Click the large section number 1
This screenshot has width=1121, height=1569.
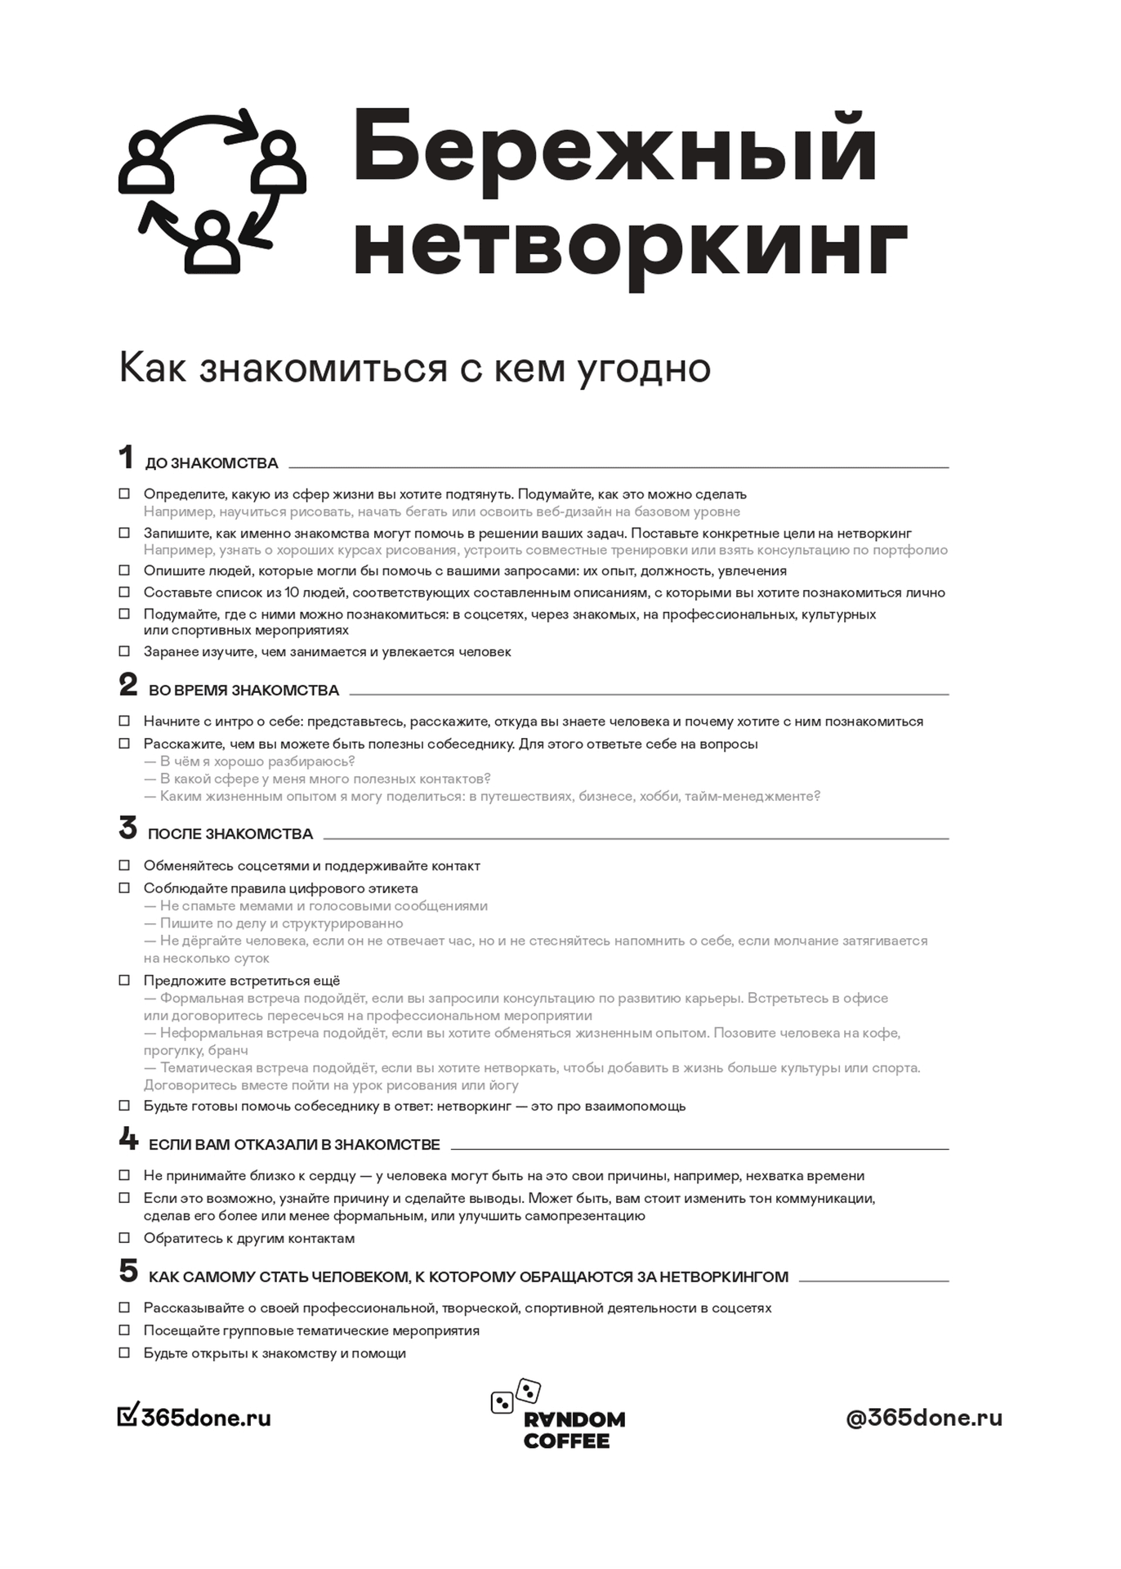click(126, 458)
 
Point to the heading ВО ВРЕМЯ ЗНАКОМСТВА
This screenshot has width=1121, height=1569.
click(243, 691)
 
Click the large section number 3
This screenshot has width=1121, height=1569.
click(127, 829)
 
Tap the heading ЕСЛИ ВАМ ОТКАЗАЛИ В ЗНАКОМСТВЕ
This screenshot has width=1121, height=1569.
click(294, 1145)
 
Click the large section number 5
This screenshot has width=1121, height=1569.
click(128, 1271)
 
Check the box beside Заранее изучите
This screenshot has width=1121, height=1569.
click(124, 651)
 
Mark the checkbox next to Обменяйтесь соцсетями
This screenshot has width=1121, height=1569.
click(124, 865)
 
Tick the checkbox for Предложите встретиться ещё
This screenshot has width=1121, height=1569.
click(124, 980)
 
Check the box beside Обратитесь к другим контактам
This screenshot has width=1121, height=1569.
click(124, 1237)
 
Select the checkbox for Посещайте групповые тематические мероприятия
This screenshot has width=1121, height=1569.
click(124, 1330)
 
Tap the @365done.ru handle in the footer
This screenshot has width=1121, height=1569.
click(924, 1418)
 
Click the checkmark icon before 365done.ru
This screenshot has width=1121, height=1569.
click(127, 1415)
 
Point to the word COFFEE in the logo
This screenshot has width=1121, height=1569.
click(566, 1441)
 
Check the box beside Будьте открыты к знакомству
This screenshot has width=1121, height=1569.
click(124, 1352)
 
